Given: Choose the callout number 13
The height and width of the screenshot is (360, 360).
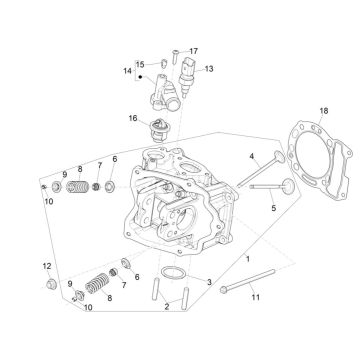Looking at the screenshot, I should pos(209,69).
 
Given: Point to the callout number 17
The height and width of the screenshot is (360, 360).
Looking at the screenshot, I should pos(194,50).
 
